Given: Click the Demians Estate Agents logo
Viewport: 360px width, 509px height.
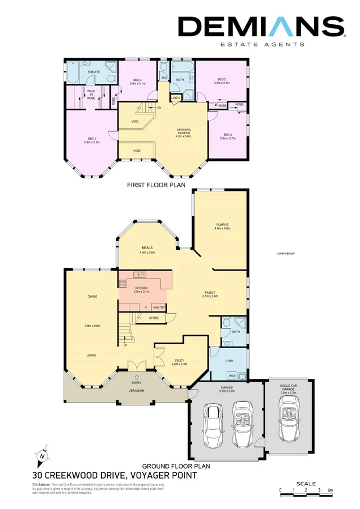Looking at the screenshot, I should pos(261,30).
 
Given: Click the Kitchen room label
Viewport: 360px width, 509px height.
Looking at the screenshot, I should pos(141,290).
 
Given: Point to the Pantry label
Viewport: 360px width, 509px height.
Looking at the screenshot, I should pos(159,307).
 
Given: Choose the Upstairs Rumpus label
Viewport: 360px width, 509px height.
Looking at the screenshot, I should pos(184,132).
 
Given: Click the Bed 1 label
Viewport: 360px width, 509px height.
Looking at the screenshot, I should pos(91,140).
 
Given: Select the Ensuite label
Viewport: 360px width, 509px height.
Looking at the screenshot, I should pos(94,72).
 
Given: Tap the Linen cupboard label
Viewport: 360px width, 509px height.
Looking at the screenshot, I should pos(175,98).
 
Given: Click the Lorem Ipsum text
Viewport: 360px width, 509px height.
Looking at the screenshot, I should pos(286,253).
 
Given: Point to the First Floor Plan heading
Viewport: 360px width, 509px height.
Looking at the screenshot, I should pos(156,184).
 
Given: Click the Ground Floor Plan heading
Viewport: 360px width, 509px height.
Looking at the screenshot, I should pos(176,466).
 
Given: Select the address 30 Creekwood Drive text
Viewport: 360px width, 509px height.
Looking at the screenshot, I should pos(114,475).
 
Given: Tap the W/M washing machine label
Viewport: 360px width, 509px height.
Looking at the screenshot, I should pos(231,375).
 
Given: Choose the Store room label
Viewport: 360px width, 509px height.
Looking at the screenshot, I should pos(154,318).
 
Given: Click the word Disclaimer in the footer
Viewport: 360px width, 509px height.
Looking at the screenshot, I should pos(42,484).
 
